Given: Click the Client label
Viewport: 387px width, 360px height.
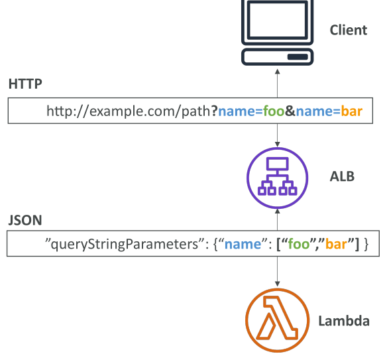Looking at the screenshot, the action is pos(349,30).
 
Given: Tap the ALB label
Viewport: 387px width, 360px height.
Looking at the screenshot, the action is pos(342,176).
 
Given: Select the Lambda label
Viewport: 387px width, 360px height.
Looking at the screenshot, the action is pos(344,321).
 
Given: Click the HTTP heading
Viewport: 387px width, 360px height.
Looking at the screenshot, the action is pos(25,84).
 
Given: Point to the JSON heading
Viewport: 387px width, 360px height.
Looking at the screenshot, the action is pos(25,220).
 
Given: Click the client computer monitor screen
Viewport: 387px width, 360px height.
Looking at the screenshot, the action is pos(278,20).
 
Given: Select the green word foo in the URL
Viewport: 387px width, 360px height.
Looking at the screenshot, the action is pos(274,111).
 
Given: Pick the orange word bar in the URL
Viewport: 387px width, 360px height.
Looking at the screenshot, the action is pos(352,111).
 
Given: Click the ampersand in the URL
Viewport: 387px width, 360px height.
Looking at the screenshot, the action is pos(290,111).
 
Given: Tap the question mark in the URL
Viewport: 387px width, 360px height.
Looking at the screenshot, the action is pos(215,111).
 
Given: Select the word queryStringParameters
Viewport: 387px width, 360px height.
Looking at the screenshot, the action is pos(125,245).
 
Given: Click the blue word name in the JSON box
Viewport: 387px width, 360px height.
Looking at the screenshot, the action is pos(243,244).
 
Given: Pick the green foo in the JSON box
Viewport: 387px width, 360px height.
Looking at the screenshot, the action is pos(299,244).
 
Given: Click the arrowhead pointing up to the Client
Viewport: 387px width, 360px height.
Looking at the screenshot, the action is pos(278,72).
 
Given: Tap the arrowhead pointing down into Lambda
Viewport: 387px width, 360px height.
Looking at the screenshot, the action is pos(278,284).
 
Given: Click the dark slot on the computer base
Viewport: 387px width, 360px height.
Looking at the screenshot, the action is pos(298,57).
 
